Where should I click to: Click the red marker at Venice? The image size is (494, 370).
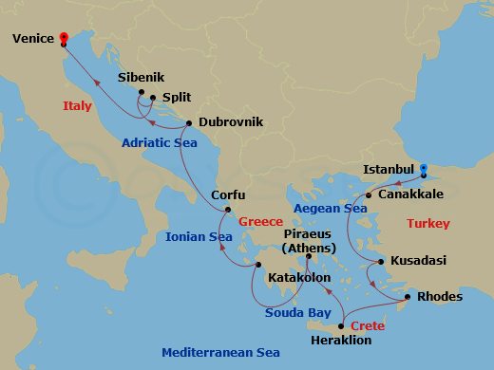pyautogui.click(x=64, y=39)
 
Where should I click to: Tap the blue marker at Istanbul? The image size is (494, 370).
pyautogui.click(x=424, y=170)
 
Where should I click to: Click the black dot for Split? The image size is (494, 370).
pyautogui.click(x=152, y=97)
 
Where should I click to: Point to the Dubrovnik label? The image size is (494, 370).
pyautogui.click(x=231, y=122)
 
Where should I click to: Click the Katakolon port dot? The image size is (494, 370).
pyautogui.click(x=258, y=266)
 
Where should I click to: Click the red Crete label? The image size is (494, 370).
pyautogui.click(x=367, y=324)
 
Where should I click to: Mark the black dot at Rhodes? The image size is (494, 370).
pyautogui.click(x=408, y=297)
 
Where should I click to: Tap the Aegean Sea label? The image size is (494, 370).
pyautogui.click(x=330, y=208)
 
